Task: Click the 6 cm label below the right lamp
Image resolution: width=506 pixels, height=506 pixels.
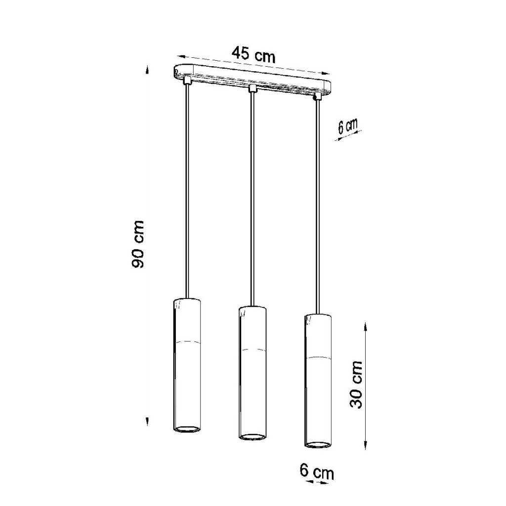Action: pos(317,471)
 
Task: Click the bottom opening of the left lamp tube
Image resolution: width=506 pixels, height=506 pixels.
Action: pos(187,429)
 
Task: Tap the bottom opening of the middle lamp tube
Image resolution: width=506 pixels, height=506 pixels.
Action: pos(253,437)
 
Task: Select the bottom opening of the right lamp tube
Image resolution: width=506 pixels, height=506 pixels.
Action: pos(318,445)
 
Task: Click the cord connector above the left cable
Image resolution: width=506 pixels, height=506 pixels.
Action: pos(186,80)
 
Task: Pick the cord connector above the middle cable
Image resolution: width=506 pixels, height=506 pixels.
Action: pos(252,88)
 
